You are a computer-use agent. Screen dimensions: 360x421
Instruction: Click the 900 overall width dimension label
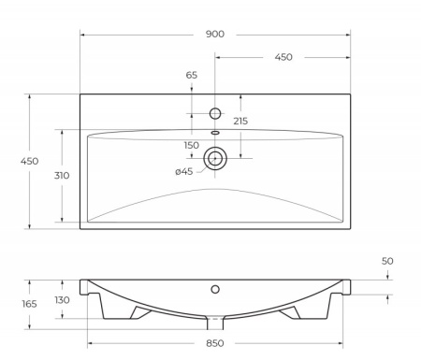[214, 35]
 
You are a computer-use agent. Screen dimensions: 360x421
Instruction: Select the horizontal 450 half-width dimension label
[283, 57]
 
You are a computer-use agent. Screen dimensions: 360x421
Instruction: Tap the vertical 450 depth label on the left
[29, 161]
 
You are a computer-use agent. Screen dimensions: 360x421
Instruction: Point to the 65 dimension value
[192, 75]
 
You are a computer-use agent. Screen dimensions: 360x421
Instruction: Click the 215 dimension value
[240, 121]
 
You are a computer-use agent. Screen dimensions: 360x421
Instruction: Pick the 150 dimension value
[192, 145]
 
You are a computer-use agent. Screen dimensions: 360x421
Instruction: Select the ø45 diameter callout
[184, 171]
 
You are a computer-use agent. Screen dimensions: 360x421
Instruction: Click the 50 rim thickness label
[387, 261]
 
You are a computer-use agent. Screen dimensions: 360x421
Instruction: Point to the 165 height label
[29, 304]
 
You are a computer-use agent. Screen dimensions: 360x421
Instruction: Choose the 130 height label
[63, 299]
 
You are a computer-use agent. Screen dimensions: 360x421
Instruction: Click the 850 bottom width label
[214, 342]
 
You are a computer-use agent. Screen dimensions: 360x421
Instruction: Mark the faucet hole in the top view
[215, 113]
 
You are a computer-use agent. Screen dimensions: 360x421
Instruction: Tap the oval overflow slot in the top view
[215, 133]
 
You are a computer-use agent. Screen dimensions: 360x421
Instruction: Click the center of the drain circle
[215, 158]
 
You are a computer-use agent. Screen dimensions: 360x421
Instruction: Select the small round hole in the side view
[215, 289]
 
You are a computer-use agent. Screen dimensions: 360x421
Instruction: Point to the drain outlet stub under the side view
[215, 323]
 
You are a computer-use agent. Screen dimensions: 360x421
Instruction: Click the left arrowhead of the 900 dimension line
[83, 35]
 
